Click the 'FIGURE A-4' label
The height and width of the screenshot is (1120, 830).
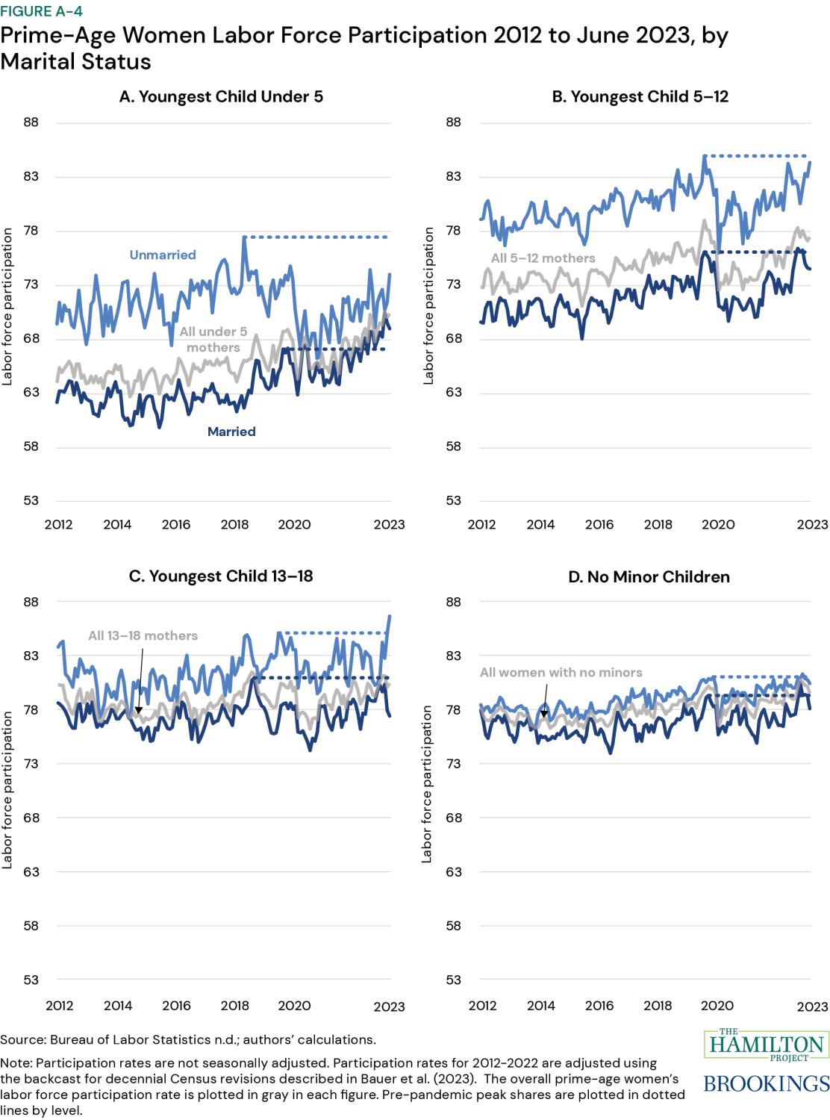click(x=42, y=11)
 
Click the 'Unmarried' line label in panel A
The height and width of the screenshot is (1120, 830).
click(x=163, y=255)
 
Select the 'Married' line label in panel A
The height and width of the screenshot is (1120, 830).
click(x=231, y=432)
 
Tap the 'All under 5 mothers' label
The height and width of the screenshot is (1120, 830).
click(x=213, y=340)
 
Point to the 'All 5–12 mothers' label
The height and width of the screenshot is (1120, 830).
click(x=543, y=258)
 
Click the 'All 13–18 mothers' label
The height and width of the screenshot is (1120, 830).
click(x=143, y=635)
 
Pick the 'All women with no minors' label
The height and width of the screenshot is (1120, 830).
click(x=561, y=672)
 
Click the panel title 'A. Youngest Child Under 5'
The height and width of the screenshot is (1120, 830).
click(x=221, y=96)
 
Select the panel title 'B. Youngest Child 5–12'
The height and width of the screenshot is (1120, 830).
click(x=640, y=96)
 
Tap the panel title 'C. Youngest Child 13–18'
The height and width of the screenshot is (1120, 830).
click(x=221, y=576)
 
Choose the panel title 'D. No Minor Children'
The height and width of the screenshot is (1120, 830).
click(x=649, y=577)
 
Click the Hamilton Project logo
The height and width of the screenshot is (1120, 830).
click(x=767, y=1045)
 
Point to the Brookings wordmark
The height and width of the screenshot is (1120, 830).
click(x=767, y=1083)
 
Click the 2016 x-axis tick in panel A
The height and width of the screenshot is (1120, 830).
click(x=176, y=524)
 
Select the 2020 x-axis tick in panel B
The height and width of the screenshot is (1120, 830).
click(x=718, y=524)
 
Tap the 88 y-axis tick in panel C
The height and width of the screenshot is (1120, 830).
click(x=31, y=602)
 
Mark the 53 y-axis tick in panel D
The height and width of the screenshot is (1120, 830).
click(x=454, y=980)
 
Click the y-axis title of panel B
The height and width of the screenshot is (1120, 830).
click(x=428, y=306)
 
